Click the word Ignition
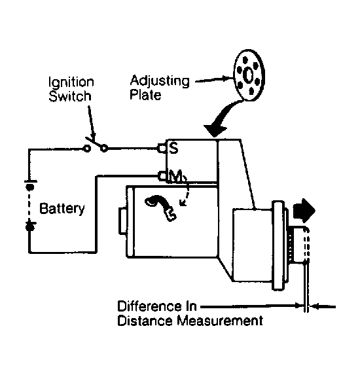(71, 83)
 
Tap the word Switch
(70, 96)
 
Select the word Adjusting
(160, 81)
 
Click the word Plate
(145, 94)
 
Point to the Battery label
(62, 209)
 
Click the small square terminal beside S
(162, 149)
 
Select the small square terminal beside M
(162, 176)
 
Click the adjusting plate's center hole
(248, 75)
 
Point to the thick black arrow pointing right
(304, 211)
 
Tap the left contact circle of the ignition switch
(87, 149)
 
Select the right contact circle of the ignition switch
(104, 149)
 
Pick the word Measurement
(220, 321)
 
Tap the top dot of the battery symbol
(29, 187)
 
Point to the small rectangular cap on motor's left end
(122, 221)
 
